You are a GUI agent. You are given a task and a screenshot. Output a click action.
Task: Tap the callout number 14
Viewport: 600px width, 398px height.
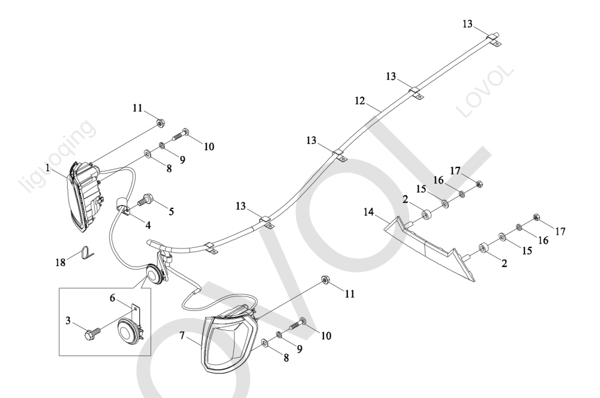click(x=368, y=211)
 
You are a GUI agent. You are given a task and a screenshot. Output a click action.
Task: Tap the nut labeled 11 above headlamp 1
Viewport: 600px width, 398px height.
click(x=161, y=123)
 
